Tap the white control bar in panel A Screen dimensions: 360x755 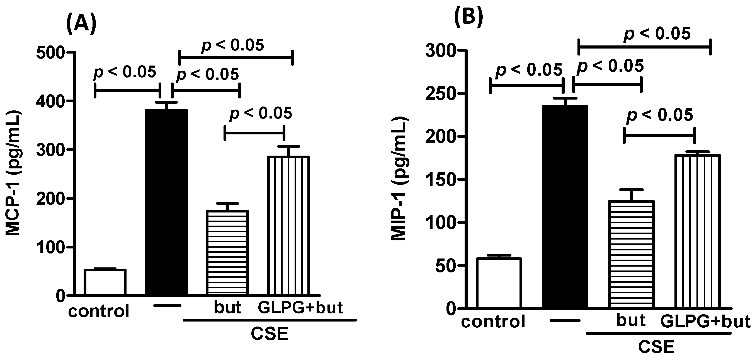tap(105, 282)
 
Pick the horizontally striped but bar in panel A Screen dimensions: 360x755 tap(227, 252)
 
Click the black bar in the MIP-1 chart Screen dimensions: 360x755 tap(565, 207)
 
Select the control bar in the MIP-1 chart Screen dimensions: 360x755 tap(499, 283)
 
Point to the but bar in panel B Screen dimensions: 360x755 tap(631, 254)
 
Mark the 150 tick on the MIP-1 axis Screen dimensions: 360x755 tap(440, 180)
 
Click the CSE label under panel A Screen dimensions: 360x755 tap(270, 334)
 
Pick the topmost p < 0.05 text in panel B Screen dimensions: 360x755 tap(657, 33)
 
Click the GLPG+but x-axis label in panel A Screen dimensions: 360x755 tap(300, 308)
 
